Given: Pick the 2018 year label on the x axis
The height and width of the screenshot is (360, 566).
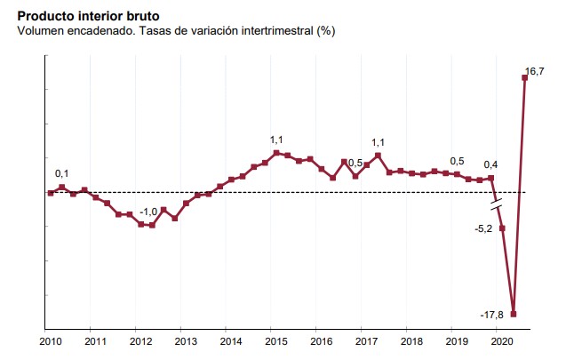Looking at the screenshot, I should tap(411, 341).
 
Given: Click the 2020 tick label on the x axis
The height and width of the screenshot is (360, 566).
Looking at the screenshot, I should tap(501, 341).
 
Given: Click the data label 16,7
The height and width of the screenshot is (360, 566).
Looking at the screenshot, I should tap(534, 71).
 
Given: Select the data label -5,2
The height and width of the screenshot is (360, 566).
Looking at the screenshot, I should tap(484, 228).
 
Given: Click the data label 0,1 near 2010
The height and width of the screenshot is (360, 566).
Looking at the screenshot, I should tap(62, 173).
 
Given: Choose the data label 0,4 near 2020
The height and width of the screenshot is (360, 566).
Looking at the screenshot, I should tap(490, 164).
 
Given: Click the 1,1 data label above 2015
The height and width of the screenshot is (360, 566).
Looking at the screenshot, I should tap(276, 140).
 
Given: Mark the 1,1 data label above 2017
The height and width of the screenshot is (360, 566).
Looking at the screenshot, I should tap(378, 142).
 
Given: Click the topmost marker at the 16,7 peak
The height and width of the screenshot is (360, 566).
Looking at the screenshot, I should tap(525, 77).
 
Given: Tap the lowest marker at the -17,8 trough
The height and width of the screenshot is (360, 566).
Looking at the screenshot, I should tap(514, 314).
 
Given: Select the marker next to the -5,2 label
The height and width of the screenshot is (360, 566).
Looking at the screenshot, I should tap(502, 228).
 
